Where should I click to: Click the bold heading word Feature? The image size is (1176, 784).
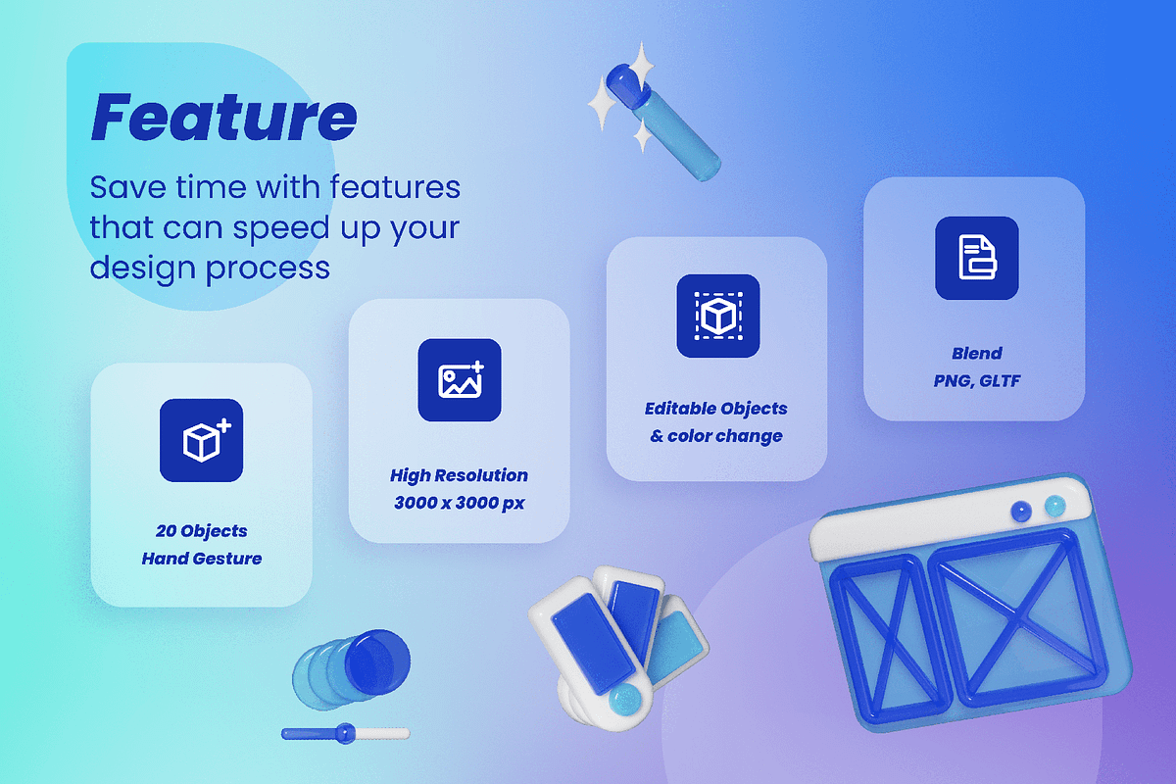(224, 117)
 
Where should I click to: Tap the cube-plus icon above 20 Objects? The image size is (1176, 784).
(202, 440)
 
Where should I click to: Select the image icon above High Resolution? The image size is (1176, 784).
(460, 379)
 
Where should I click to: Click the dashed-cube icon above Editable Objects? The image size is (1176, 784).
(717, 316)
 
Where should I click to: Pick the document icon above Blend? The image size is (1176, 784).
(976, 258)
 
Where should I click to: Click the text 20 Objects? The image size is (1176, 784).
(202, 531)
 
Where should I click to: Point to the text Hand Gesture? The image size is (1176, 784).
(202, 559)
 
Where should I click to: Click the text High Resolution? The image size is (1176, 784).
(459, 475)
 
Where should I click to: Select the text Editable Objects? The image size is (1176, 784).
(716, 409)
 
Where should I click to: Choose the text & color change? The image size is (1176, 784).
(716, 436)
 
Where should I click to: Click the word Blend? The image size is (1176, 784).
(976, 353)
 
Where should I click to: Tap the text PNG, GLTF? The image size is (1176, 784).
(976, 380)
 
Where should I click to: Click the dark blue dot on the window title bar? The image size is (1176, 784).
(1021, 511)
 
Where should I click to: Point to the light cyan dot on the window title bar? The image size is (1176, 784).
(1054, 506)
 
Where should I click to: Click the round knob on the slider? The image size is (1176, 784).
(345, 733)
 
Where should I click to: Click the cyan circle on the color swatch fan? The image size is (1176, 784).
(625, 700)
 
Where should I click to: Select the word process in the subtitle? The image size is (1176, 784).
(268, 269)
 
